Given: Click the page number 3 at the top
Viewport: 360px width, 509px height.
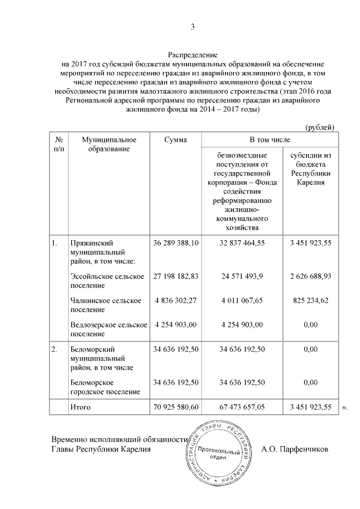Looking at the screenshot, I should (192, 26).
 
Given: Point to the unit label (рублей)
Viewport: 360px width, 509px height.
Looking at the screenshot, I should (319, 128).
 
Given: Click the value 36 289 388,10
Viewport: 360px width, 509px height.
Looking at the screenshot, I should (175, 243).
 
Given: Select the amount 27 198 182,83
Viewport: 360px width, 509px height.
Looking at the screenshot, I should (175, 276).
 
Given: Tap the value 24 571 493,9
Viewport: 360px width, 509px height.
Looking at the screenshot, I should (242, 276).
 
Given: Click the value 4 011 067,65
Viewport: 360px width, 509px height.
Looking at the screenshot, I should (242, 300).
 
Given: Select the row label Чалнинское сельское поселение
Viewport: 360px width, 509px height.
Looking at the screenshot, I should (105, 305).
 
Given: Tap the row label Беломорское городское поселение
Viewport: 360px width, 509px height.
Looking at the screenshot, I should (105, 386).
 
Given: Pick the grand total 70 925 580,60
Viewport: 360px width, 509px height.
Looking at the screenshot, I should (175, 406).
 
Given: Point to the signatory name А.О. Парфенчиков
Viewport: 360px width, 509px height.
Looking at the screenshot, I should (295, 449).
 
